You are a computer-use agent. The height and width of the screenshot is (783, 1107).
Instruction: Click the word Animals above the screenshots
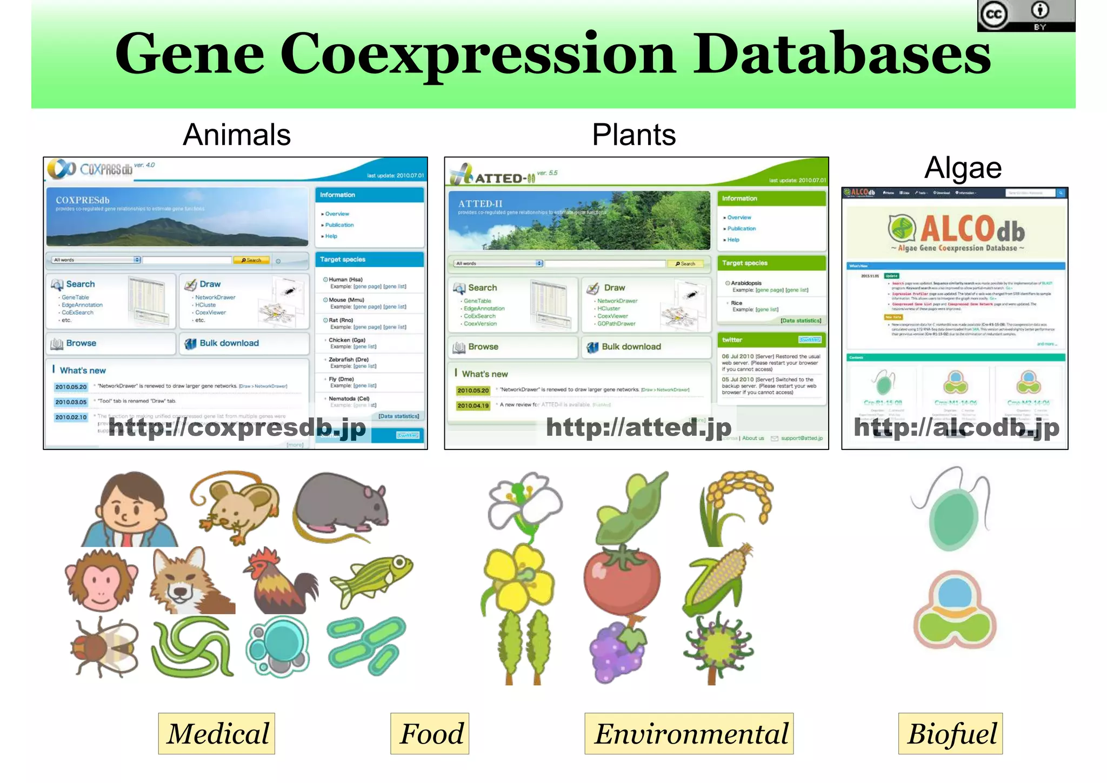[x=237, y=135]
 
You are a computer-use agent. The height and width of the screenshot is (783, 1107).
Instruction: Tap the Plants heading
[x=633, y=135]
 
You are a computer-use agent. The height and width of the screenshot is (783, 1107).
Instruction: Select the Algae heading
[x=963, y=168]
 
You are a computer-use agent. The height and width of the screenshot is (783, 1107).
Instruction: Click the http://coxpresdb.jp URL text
[x=237, y=427]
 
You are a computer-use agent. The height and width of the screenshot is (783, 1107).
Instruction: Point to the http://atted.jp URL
[x=638, y=427]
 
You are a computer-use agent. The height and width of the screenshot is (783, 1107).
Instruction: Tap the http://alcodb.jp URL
[x=956, y=427]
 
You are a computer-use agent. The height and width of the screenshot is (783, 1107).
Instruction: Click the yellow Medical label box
[x=217, y=734]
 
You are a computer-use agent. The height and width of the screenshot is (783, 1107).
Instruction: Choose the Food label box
[x=430, y=734]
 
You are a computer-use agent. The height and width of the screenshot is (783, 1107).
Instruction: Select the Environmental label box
[x=689, y=734]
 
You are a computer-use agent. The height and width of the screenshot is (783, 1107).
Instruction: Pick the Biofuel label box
[x=950, y=734]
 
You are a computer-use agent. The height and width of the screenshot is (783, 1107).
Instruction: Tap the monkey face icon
[x=101, y=581]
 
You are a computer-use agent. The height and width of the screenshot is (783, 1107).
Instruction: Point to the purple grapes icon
[x=618, y=652]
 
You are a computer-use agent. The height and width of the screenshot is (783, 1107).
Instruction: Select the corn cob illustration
[x=716, y=581]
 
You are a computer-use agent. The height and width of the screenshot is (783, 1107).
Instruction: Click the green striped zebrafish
[x=373, y=579]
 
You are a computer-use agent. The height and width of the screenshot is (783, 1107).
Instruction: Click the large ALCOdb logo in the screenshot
[x=957, y=230]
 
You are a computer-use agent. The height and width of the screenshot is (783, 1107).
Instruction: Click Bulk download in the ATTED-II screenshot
[x=631, y=347]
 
